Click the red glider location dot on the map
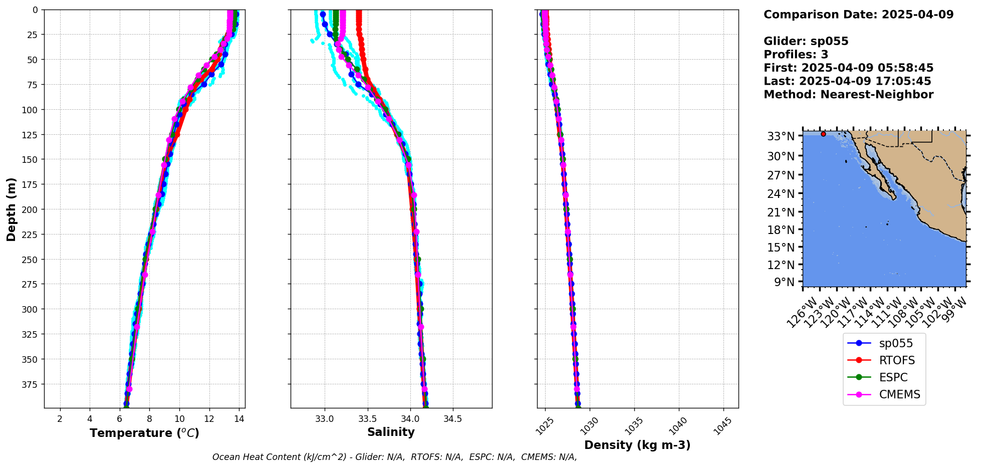823,134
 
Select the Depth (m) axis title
11,209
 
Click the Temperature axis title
144,433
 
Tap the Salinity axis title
391,432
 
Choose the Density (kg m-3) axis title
637,445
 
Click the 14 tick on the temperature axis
239,419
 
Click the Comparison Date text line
858,15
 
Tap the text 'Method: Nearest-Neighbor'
848,95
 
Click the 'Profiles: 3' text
796,55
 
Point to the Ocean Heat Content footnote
394,457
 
